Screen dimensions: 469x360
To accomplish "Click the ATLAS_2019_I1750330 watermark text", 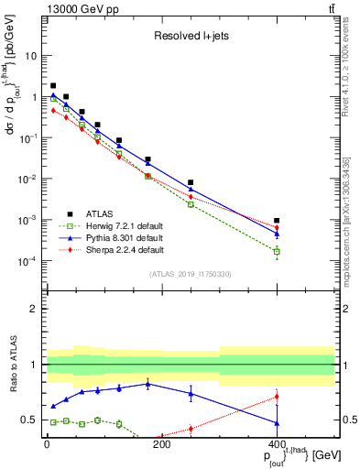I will [x=190, y=274].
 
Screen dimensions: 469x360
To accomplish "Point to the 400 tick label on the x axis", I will [x=278, y=444].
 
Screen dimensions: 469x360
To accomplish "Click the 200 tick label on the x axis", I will [x=162, y=444].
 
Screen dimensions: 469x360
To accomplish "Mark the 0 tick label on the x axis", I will [x=47, y=444].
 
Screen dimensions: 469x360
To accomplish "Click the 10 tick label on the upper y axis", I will [x=30, y=55].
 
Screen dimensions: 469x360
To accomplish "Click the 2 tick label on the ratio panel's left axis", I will [x=34, y=309].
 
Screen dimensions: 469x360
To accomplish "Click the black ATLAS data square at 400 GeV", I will [x=277, y=221].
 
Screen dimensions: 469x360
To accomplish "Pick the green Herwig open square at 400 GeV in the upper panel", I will [x=277, y=251].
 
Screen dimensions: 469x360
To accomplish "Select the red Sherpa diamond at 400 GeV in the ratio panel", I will [x=277, y=397].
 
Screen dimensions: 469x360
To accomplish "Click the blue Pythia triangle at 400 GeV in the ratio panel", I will [x=277, y=422].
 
